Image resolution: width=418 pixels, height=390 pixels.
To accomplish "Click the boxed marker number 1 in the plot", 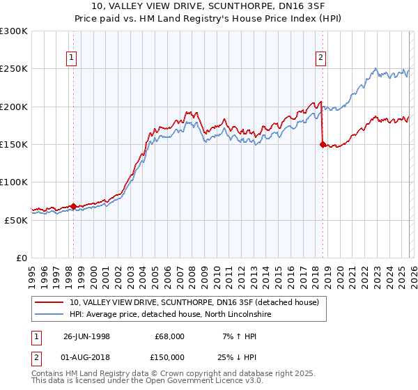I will click(x=73, y=58).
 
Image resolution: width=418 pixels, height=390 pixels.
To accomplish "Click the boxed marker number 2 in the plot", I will click(x=321, y=58).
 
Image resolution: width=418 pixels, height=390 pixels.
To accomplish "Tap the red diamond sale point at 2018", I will click(x=322, y=145).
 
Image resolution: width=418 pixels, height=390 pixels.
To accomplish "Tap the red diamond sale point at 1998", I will click(x=74, y=206).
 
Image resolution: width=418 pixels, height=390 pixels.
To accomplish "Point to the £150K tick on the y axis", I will click(x=14, y=145).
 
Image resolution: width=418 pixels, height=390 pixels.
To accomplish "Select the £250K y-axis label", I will click(x=14, y=69).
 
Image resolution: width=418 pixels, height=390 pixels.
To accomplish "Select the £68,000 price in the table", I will click(x=168, y=336).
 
